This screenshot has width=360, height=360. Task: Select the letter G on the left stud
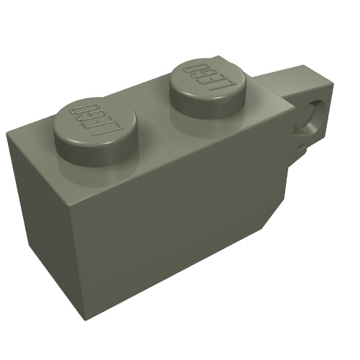(x=85, y=117)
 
